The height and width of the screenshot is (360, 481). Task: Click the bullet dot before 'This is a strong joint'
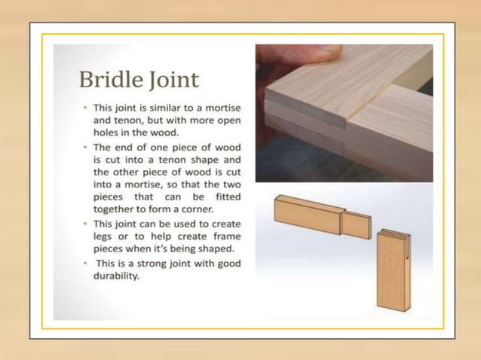[x=85, y=263]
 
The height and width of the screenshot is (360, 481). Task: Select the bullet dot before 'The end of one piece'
[x=85, y=148]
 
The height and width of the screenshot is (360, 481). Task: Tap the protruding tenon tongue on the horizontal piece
[x=355, y=224]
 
